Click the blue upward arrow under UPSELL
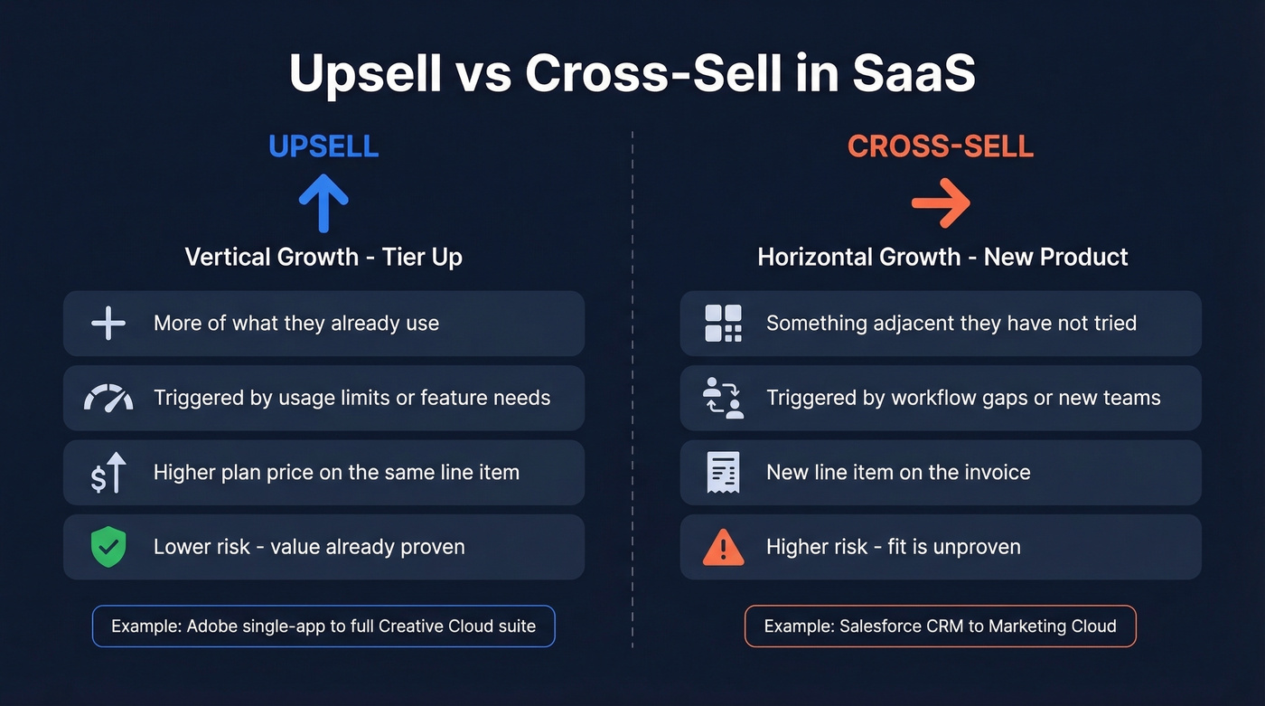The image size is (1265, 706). pos(323,202)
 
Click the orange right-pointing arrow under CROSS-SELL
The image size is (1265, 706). pos(941,202)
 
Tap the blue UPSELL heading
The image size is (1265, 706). pos(323,146)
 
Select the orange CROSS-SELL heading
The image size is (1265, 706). pos(941,146)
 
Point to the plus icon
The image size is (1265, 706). pos(108,323)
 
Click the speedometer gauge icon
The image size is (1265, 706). pos(108,398)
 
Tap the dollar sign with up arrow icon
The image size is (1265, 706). pos(108,473)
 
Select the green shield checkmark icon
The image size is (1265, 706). pos(108,547)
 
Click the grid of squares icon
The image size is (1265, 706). pos(723,323)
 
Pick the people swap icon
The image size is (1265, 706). pos(723,398)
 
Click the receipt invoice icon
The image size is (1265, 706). pos(723,473)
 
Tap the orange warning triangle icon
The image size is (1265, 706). pos(723,548)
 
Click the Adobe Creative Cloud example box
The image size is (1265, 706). pos(323,626)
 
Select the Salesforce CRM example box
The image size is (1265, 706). pos(941,626)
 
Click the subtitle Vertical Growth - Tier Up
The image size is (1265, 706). pos(323,257)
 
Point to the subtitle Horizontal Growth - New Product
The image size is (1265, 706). pos(942,257)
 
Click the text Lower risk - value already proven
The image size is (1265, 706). pos(309,547)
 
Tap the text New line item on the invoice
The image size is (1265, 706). pos(898,472)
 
